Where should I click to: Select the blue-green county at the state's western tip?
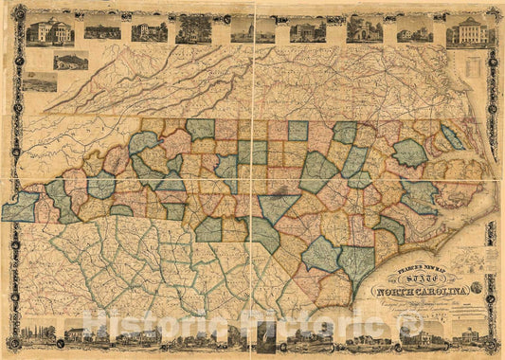pos(19,207)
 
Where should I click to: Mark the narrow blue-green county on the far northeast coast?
pos(453,137)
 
